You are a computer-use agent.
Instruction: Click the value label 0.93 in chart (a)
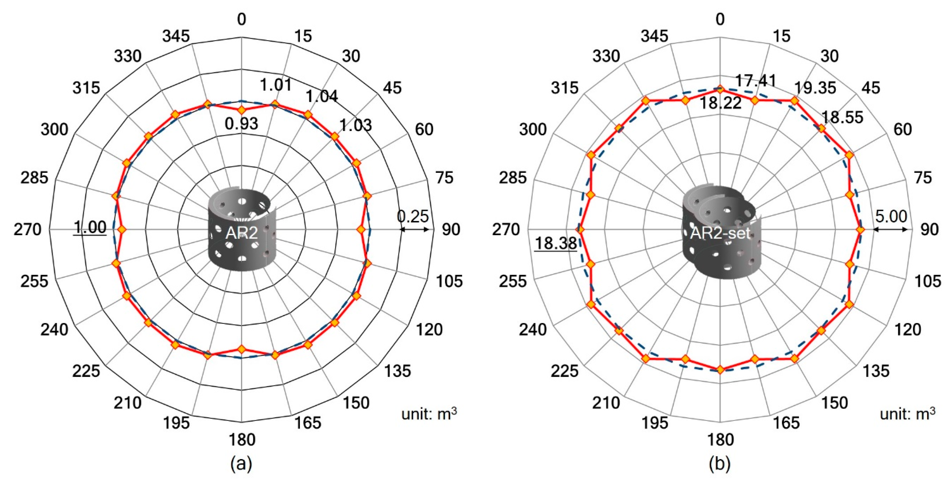(x=241, y=123)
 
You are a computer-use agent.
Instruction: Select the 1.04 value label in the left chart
(x=321, y=97)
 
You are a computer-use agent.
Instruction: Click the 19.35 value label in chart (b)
(x=815, y=88)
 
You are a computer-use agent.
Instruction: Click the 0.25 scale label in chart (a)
(x=413, y=216)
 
